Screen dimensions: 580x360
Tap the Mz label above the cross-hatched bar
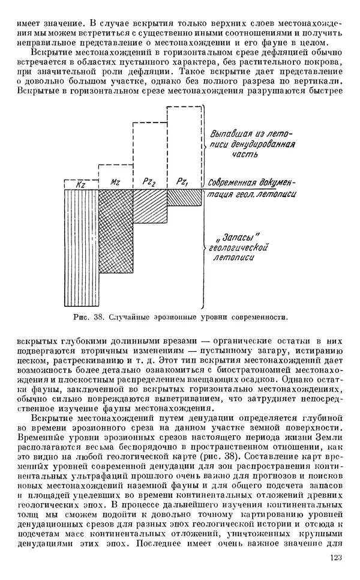[115, 182]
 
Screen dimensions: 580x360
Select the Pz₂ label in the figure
[149, 182]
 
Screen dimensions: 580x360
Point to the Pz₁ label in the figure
[184, 182]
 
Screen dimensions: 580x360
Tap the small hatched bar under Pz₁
[184, 196]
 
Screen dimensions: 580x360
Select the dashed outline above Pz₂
[149, 153]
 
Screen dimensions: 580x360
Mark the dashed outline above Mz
[115, 165]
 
